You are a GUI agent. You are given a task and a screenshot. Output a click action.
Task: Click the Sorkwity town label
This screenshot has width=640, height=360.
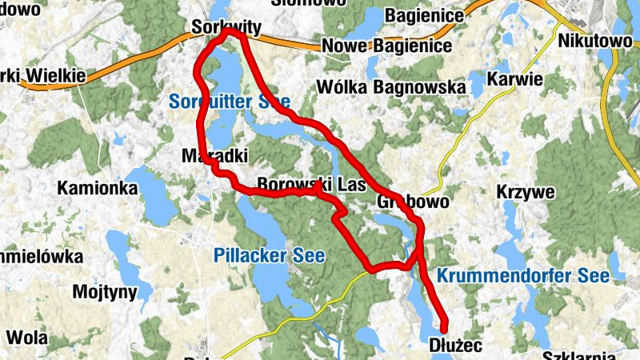pyautogui.click(x=226, y=28)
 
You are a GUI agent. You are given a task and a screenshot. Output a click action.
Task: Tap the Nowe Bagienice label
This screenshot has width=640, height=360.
pyautogui.click(x=386, y=46)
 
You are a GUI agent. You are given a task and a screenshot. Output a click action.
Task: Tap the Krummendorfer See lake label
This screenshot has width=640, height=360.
pyautogui.click(x=523, y=276)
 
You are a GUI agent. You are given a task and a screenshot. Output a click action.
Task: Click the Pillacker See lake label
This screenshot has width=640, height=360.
pyautogui.click(x=270, y=256)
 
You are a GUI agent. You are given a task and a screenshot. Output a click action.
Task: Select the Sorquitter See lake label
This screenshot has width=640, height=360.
pyautogui.click(x=230, y=102)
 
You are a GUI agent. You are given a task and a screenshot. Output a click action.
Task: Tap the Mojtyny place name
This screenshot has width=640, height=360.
pyautogui.click(x=105, y=292)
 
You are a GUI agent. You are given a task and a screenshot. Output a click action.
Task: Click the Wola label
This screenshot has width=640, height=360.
pyautogui.click(x=26, y=336)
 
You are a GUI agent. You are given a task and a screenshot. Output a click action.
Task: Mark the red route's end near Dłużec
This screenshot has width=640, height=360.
pyautogui.click(x=444, y=326)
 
